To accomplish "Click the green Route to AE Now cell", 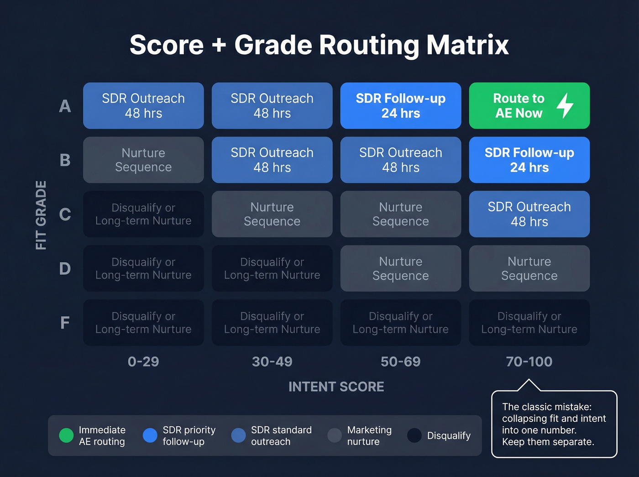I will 519,106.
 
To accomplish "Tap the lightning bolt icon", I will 565,105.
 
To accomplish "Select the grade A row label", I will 65,106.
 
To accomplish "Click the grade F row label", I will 65,323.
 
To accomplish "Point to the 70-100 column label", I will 529,362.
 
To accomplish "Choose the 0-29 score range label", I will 143,362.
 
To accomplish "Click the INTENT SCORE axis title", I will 336,387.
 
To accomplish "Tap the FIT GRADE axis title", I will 41,215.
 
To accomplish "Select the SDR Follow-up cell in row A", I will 400,106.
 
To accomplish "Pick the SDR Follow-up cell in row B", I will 529,160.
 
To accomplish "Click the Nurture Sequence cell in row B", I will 143,160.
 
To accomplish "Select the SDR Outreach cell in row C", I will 529,214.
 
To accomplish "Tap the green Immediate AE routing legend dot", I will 66,435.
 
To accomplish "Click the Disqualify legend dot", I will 414,435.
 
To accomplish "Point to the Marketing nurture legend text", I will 369,435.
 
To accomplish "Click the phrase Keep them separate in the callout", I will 548,442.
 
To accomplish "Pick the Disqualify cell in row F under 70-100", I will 529,323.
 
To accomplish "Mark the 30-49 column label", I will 272,362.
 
